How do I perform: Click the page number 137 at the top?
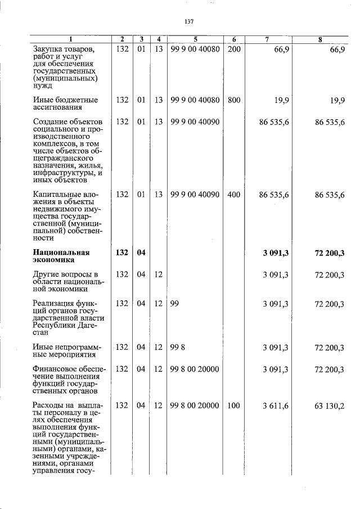coord(189,22)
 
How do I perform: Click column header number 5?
coord(195,39)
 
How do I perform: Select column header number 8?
coord(319,39)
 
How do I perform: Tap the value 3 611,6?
coord(276,405)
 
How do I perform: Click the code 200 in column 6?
coord(234,49)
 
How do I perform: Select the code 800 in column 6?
coord(234,100)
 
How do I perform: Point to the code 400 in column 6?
coord(234,195)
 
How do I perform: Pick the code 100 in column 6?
coord(234,405)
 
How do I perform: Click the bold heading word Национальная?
coord(61,253)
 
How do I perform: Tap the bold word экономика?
coord(54,260)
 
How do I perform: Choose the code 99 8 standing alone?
coord(177,348)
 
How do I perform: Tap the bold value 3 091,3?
coord(276,253)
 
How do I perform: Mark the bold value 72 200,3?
coord(330,253)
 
